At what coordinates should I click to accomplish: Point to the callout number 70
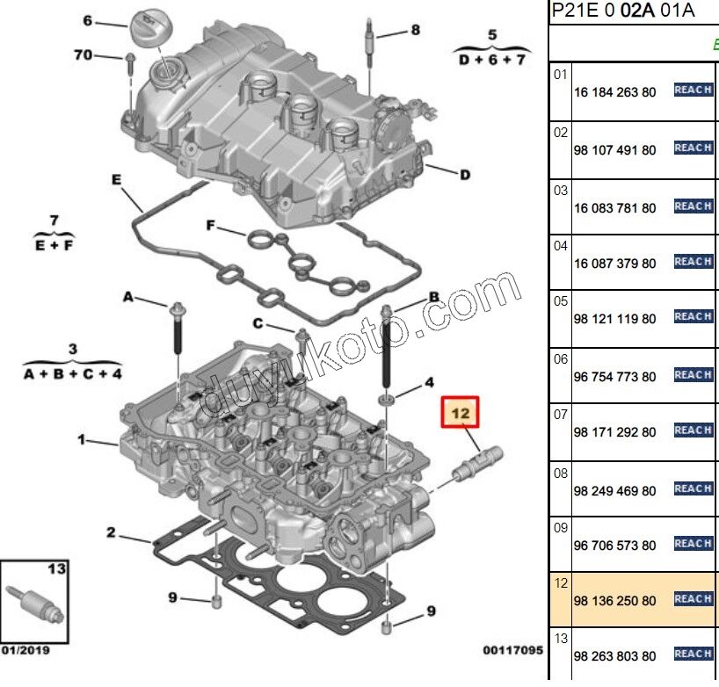[x=83, y=55]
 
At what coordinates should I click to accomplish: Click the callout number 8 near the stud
[x=415, y=30]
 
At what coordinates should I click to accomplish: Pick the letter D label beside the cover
[x=464, y=175]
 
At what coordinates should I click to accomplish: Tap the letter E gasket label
[x=115, y=179]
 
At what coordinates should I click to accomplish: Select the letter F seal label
[x=210, y=226]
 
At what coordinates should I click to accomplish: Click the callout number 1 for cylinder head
[x=82, y=439]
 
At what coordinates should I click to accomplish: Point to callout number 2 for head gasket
[x=112, y=532]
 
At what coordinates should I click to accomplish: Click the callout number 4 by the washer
[x=429, y=382]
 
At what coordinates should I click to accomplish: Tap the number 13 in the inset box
[x=56, y=569]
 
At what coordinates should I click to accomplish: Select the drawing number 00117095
[x=512, y=651]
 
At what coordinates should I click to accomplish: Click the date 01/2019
[x=25, y=651]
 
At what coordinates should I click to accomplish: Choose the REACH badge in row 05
[x=693, y=316]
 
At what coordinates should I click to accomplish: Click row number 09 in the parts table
[x=561, y=529]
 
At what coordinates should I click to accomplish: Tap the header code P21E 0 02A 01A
[x=622, y=11]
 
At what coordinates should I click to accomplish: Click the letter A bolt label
[x=127, y=299]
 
